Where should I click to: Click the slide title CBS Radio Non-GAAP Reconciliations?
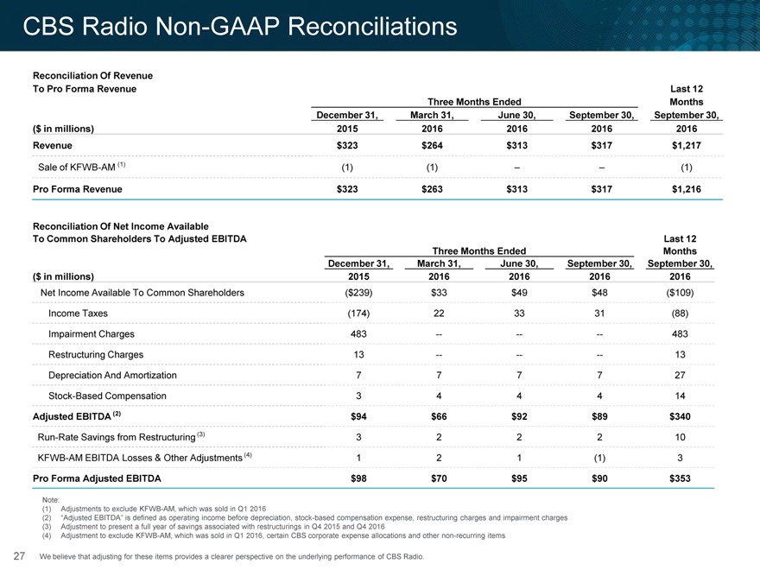[240, 26]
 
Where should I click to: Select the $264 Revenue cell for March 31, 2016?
[432, 145]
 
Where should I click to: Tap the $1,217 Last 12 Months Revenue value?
[687, 145]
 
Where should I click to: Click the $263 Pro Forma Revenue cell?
[432, 189]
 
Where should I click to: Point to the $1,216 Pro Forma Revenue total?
[687, 189]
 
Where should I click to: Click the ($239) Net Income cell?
[358, 293]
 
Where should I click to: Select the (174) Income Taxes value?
[358, 313]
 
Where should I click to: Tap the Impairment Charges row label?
[92, 334]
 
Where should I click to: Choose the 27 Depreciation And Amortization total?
[680, 375]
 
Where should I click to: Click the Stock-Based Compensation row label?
[107, 396]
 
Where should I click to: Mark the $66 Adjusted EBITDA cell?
[439, 416]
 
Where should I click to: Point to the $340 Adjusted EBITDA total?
[680, 416]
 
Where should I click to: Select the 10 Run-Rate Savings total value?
[680, 437]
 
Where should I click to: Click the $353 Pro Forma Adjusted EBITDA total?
[680, 478]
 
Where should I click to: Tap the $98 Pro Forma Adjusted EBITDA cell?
[358, 478]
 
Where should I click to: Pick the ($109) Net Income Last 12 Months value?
[680, 293]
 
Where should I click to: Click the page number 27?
[19, 556]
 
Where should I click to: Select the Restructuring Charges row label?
[96, 355]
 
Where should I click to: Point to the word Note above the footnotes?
[51, 500]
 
